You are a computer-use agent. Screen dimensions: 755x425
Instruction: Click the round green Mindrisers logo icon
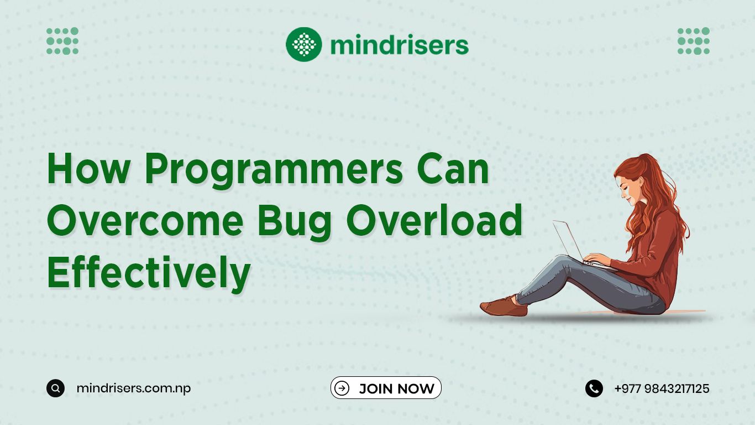click(x=303, y=44)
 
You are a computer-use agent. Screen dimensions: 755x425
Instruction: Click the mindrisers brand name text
click(x=400, y=45)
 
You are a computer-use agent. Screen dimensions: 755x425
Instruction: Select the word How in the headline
click(x=88, y=168)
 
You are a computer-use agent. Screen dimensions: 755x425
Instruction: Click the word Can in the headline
click(x=453, y=168)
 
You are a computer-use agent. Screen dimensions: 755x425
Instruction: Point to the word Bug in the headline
click(x=295, y=221)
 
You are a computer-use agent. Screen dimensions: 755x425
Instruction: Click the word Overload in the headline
click(x=434, y=220)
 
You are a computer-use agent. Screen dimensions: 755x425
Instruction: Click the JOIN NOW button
click(x=386, y=388)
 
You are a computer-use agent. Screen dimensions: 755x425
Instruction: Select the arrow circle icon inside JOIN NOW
click(x=342, y=388)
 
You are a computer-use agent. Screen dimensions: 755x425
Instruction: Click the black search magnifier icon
click(x=56, y=388)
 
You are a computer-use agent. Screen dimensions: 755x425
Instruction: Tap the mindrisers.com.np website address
click(x=133, y=388)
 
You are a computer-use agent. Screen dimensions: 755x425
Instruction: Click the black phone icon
click(x=594, y=388)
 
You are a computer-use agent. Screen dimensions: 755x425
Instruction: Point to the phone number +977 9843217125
click(x=662, y=388)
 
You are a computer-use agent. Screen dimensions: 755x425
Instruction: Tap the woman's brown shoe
click(x=504, y=306)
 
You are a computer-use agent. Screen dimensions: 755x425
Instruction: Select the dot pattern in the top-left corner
click(x=62, y=41)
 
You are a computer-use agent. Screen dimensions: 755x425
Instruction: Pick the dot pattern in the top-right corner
click(x=694, y=41)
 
